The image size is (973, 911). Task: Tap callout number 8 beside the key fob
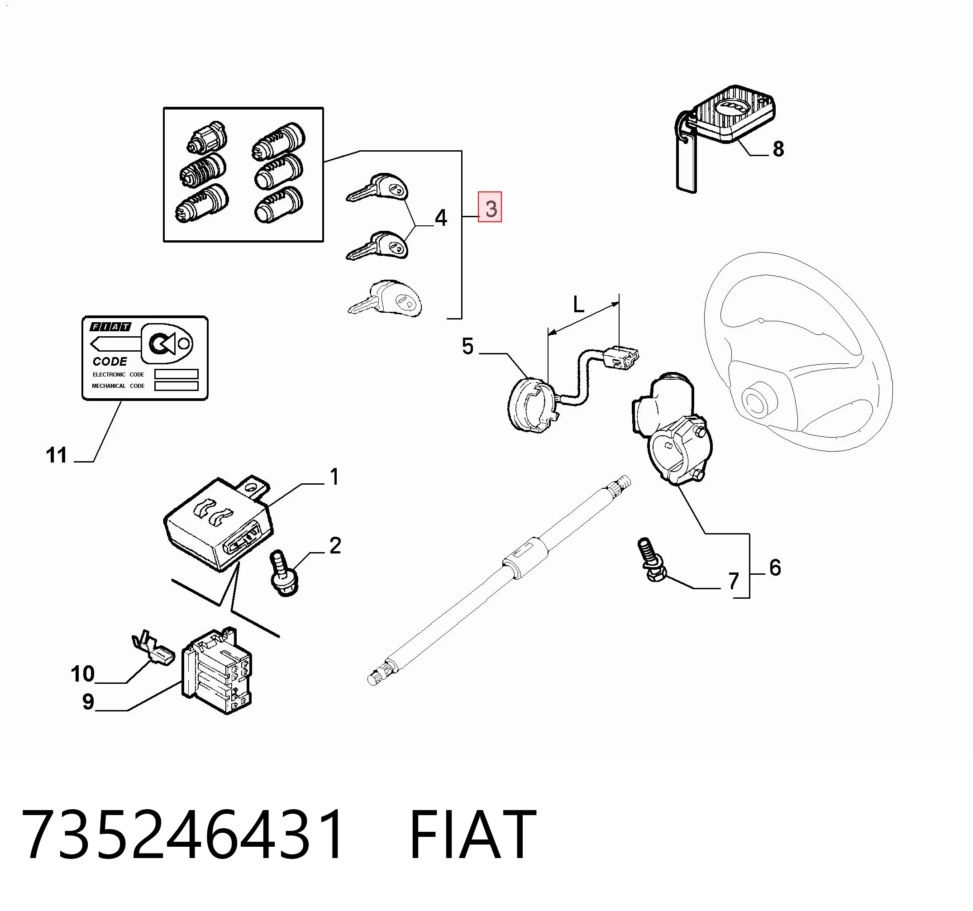(x=778, y=149)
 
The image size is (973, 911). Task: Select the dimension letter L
(x=578, y=305)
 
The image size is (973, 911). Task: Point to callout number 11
(x=56, y=455)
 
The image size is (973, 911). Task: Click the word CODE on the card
(x=110, y=361)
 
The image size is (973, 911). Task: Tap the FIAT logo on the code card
(x=110, y=326)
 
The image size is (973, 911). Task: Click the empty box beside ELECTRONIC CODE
(x=176, y=374)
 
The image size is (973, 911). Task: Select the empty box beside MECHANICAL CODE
(x=176, y=386)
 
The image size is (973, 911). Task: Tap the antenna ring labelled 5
(x=534, y=404)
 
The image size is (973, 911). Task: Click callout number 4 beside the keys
(x=441, y=218)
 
